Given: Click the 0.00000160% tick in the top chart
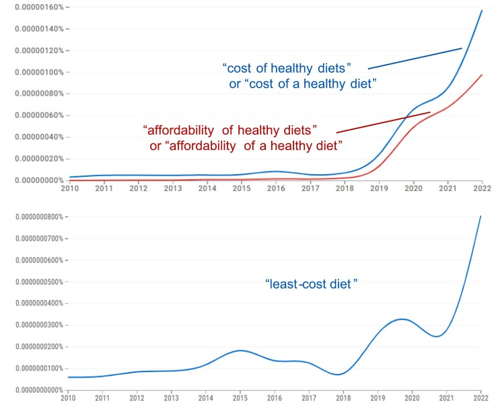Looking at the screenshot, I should click(33, 7).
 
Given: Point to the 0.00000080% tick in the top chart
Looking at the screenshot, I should click(33, 94).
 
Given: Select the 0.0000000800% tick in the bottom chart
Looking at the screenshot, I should click(34, 217).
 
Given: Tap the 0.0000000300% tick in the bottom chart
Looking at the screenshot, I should click(34, 325).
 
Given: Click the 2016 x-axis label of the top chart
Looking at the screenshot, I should click(276, 189).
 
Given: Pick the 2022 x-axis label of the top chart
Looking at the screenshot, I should click(482, 189).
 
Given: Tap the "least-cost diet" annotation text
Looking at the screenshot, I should click(311, 285).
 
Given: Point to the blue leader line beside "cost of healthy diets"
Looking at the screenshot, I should click(415, 58).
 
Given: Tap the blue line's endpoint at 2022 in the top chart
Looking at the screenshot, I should click(482, 10).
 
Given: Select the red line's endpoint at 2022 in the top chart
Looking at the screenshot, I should click(482, 75).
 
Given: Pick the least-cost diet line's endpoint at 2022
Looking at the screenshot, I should click(482, 216).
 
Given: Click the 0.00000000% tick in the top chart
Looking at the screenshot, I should click(33, 180).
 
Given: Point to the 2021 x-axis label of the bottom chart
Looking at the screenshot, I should click(448, 398).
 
